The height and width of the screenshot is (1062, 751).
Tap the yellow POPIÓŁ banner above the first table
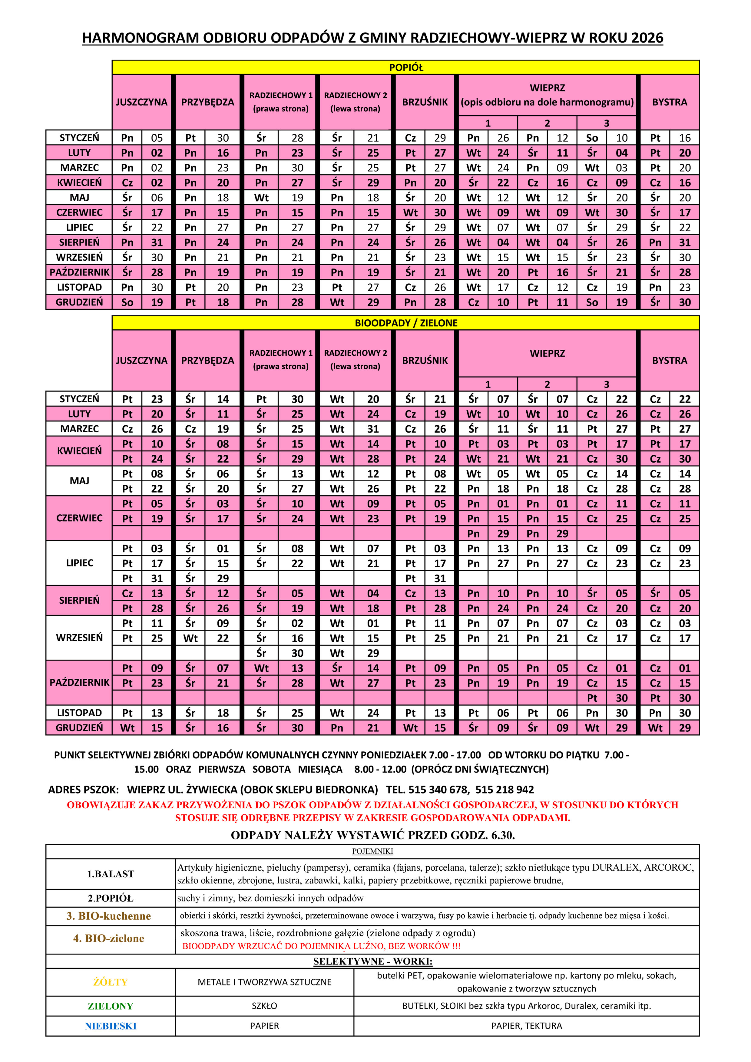405,68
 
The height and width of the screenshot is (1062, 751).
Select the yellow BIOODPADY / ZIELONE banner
405,323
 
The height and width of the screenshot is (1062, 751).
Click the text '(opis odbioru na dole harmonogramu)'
547,102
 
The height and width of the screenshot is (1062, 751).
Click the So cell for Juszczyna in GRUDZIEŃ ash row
127,302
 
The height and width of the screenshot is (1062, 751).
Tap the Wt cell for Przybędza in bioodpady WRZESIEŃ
190,638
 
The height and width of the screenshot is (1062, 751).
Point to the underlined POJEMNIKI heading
372,851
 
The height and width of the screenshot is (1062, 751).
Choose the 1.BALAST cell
111,874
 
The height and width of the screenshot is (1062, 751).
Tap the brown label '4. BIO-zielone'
109,938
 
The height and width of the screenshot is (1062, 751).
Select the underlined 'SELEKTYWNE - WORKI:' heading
372,961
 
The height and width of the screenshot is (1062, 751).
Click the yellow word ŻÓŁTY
111,982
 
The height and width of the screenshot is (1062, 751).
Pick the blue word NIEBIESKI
111,1026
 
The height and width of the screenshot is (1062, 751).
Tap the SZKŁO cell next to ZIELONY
264,1006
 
